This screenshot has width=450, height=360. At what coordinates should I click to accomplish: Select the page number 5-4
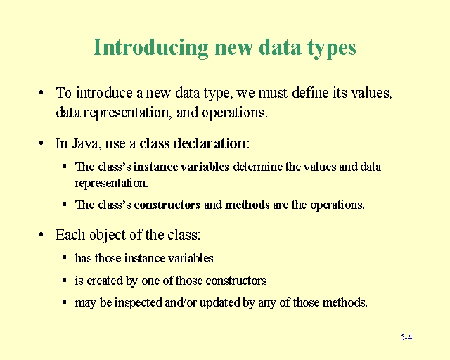(x=406, y=337)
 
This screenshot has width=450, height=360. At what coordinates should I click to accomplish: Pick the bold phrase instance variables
(x=181, y=167)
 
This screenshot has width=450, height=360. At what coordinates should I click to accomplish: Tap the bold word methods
(x=247, y=205)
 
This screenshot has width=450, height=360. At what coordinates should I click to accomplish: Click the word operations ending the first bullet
(x=234, y=112)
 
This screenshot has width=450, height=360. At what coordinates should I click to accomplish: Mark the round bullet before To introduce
(x=43, y=93)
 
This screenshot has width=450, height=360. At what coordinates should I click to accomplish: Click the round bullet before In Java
(x=43, y=143)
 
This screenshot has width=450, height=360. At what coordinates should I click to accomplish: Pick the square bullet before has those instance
(x=64, y=258)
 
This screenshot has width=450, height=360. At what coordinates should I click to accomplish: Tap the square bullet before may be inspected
(x=64, y=303)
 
